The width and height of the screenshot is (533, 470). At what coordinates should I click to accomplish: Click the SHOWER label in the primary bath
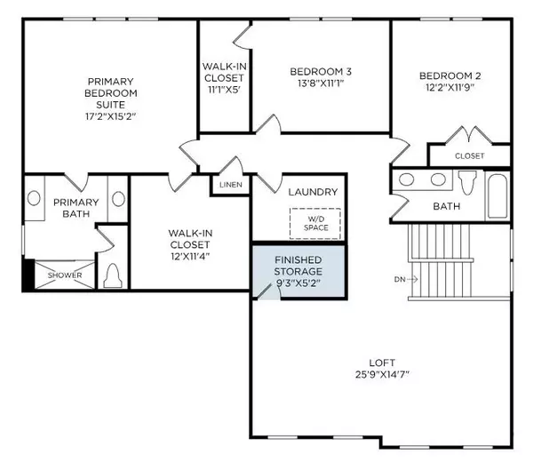click(x=65, y=275)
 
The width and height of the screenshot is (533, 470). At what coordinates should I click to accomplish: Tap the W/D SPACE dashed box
click(x=315, y=222)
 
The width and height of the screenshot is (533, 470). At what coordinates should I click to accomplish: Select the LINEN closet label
click(x=231, y=184)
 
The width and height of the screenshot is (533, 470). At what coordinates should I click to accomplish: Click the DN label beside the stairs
click(x=399, y=279)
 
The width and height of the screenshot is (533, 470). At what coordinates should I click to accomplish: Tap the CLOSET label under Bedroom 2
click(x=470, y=155)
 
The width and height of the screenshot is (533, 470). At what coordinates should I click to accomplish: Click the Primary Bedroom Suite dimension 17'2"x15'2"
click(x=108, y=116)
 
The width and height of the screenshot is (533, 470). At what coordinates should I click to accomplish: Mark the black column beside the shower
click(x=28, y=275)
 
